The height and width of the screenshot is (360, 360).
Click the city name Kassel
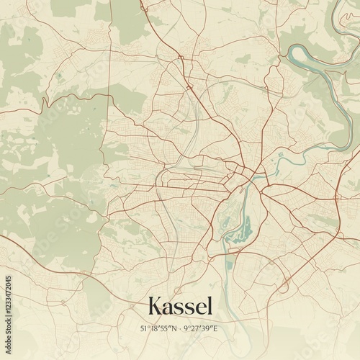pyautogui.click(x=180, y=307)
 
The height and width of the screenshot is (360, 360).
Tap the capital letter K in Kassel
pyautogui.click(x=155, y=307)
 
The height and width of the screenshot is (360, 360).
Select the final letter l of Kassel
pyautogui.click(x=210, y=306)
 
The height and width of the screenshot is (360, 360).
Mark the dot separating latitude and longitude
pyautogui.click(x=181, y=328)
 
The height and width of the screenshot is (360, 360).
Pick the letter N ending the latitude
pyautogui.click(x=175, y=328)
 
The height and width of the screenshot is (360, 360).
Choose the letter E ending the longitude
pyautogui.click(x=215, y=328)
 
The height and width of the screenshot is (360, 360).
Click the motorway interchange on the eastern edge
pyautogui.click(x=336, y=196)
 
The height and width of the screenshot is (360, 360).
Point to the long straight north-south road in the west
pyautogui.click(x=109, y=94)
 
